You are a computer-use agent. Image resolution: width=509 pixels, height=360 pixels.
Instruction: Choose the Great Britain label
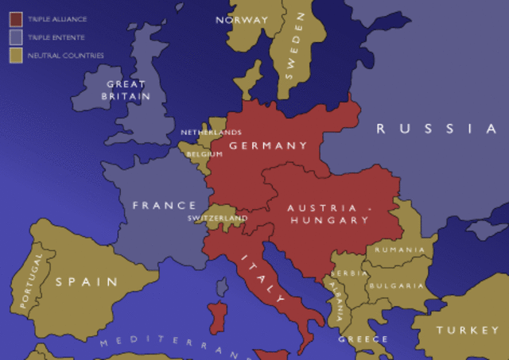coord(125,90)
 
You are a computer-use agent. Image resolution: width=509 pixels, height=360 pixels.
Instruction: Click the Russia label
coord(437,129)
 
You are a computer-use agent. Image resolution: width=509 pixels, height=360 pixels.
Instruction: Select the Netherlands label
coord(211,132)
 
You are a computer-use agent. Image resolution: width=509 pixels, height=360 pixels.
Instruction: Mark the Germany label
coord(267,145)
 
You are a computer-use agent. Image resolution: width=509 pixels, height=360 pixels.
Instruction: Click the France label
coord(164,205)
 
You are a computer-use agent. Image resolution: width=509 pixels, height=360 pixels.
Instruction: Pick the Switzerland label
coord(217,218)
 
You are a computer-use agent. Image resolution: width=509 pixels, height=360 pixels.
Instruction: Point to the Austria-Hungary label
coord(328,214)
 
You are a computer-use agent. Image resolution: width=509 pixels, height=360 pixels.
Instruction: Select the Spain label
coord(86,281)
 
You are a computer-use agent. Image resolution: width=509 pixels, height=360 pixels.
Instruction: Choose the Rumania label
coord(400,250)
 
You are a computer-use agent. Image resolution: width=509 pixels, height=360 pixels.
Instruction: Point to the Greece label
coord(363,339)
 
